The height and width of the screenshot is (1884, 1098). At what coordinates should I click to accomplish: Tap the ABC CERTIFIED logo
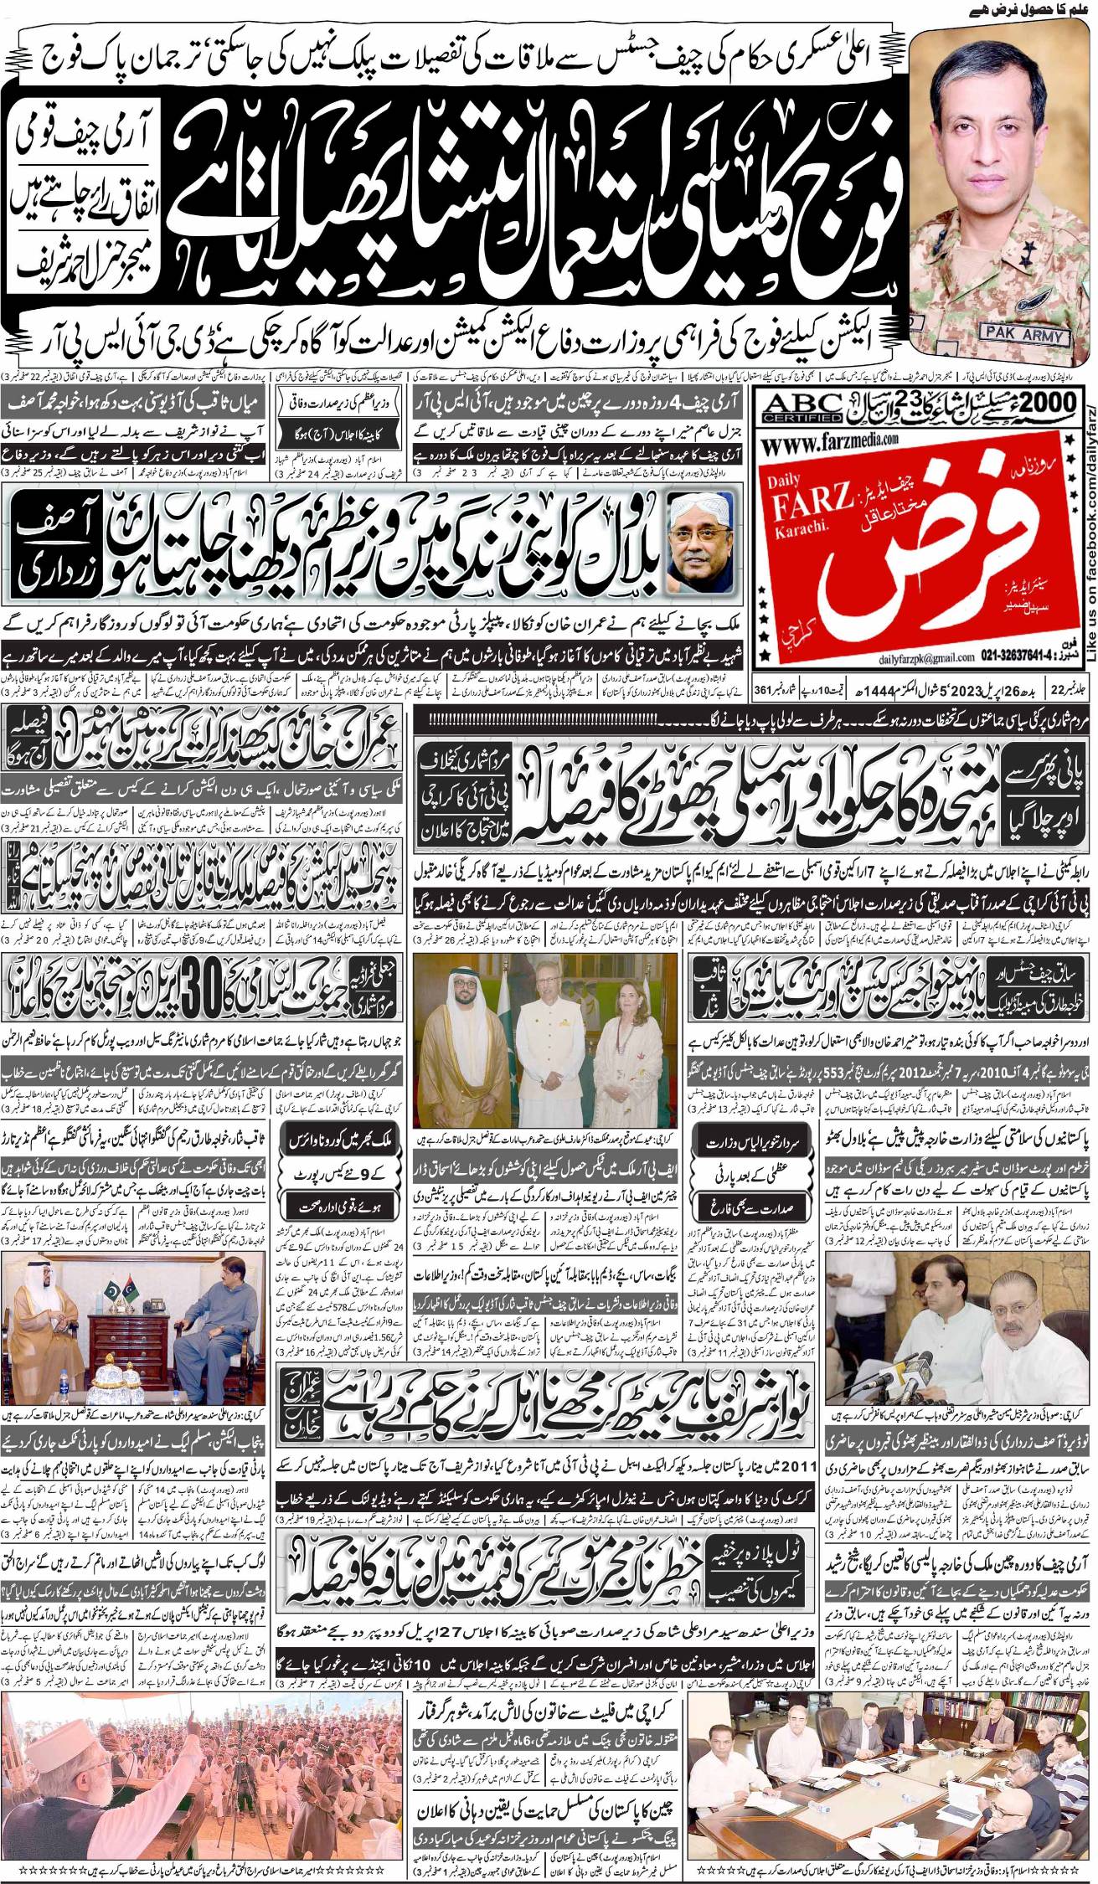803,405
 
